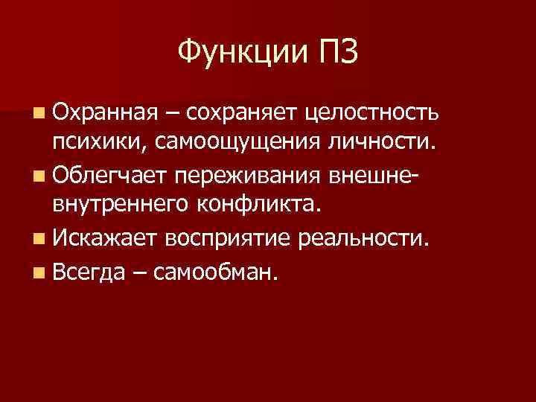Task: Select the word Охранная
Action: coord(104,113)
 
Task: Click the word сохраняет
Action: coord(243,113)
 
